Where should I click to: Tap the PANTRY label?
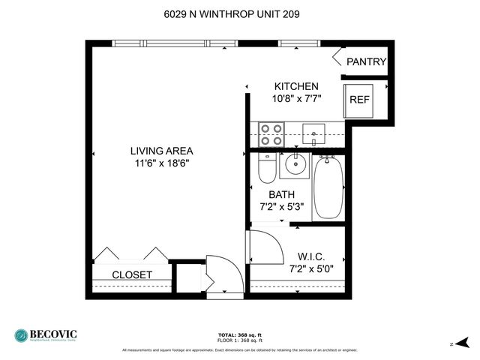click(366, 62)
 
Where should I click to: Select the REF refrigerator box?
click(359, 99)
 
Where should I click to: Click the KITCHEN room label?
click(296, 86)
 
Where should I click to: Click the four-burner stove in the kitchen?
click(270, 134)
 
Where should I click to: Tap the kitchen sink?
click(316, 135)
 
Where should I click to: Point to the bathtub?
click(328, 187)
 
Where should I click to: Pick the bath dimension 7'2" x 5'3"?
click(281, 207)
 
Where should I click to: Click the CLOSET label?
click(132, 275)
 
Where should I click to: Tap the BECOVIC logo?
click(46, 335)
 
